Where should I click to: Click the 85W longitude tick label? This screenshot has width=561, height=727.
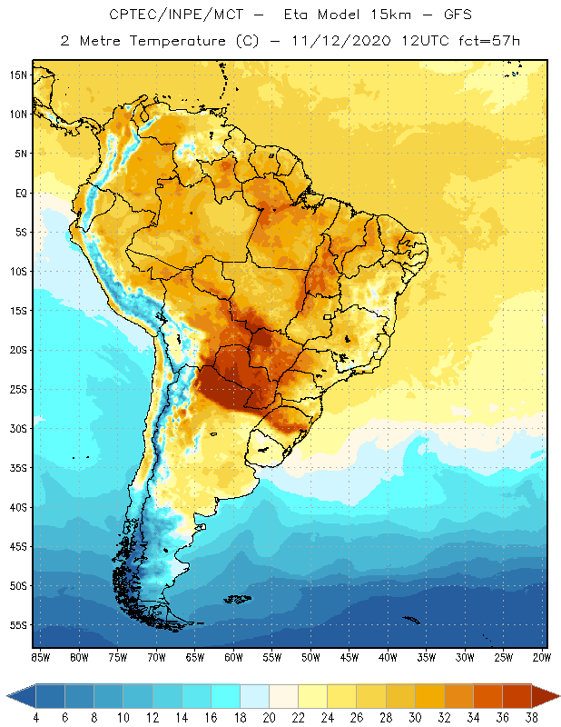40,656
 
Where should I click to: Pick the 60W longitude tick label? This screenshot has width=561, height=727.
234,656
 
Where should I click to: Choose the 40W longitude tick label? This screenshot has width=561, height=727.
389,656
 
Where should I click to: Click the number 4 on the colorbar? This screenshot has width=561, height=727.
36,717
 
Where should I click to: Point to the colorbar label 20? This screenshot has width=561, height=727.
269,717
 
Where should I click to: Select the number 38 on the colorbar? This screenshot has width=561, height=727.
531,717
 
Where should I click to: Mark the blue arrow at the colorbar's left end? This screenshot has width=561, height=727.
21,696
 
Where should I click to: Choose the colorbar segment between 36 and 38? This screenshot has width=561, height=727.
517,696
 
